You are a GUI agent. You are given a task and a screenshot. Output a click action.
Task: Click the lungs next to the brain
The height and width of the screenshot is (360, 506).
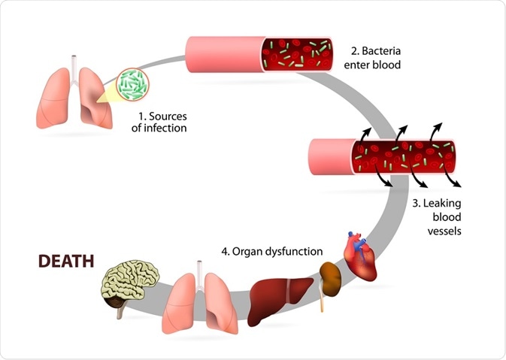(x=198, y=298)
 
